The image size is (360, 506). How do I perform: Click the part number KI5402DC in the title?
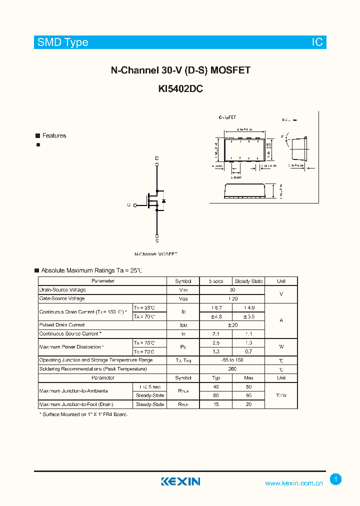pyautogui.click(x=180, y=89)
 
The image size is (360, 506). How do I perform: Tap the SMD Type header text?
pyautogui.click(x=62, y=42)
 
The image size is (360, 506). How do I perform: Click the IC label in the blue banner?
pyautogui.click(x=317, y=42)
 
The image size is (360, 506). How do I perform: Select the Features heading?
pyautogui.click(x=54, y=135)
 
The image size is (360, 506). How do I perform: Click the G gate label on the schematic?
pyautogui.click(x=128, y=205)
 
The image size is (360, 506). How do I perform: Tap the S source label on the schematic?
pyautogui.click(x=157, y=240)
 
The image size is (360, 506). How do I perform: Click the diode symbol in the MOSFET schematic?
pyautogui.click(x=164, y=201)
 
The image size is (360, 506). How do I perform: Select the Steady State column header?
pyautogui.click(x=248, y=281)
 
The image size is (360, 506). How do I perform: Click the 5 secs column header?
pyautogui.click(x=216, y=281)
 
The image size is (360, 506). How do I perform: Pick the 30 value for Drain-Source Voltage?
pyautogui.click(x=232, y=290)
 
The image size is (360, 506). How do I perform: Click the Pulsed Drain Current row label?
pyautogui.click(x=62, y=325)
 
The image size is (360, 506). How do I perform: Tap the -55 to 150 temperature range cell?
pyautogui.click(x=232, y=360)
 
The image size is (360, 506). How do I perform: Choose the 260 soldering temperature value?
pyautogui.click(x=232, y=369)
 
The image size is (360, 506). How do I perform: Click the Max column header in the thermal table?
pyautogui.click(x=248, y=378)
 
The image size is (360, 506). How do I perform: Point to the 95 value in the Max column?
pyautogui.click(x=248, y=395)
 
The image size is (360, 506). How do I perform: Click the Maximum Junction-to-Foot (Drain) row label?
pyautogui.click(x=76, y=404)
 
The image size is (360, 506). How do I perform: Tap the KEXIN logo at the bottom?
pyautogui.click(x=180, y=481)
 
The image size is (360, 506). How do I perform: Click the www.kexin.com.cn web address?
pyautogui.click(x=294, y=483)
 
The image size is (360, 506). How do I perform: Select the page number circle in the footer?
pyautogui.click(x=336, y=479)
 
